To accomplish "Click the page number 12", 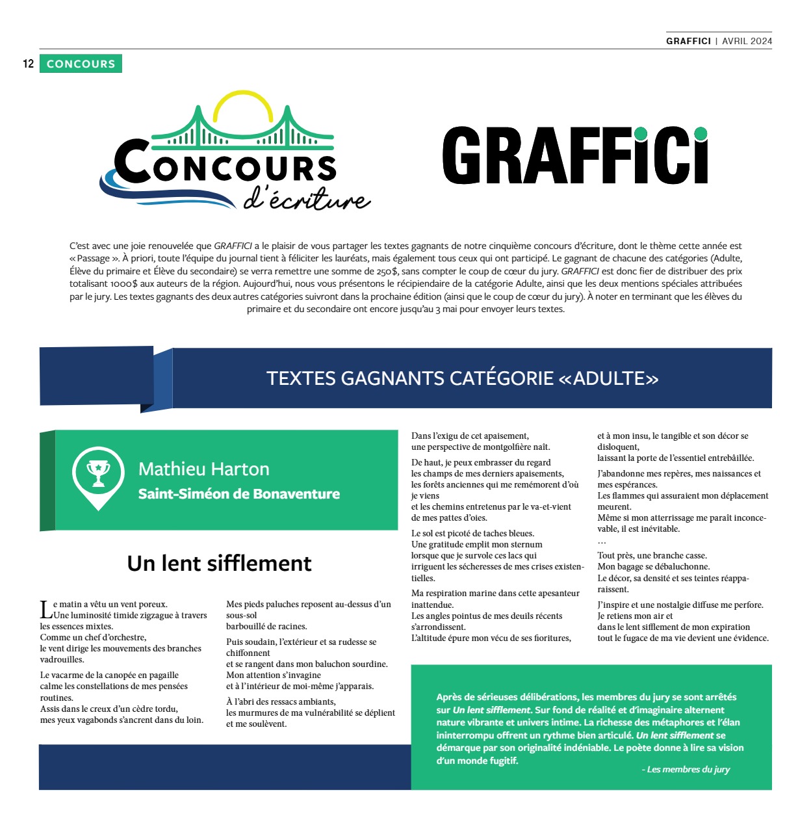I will [28, 64].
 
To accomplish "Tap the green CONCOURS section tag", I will [81, 64].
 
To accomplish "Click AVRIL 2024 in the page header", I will [747, 40].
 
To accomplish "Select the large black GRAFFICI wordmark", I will [574, 156].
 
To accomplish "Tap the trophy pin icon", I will [98, 477].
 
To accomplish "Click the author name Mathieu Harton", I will [203, 469].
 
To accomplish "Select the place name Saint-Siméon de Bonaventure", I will [238, 494].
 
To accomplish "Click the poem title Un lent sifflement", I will [219, 563].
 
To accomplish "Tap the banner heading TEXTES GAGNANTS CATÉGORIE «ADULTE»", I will [462, 378].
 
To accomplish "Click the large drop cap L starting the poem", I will [45, 610].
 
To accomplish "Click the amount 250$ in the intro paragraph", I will [387, 271].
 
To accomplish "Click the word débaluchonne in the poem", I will [680, 566].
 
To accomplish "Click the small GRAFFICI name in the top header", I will [688, 40].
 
